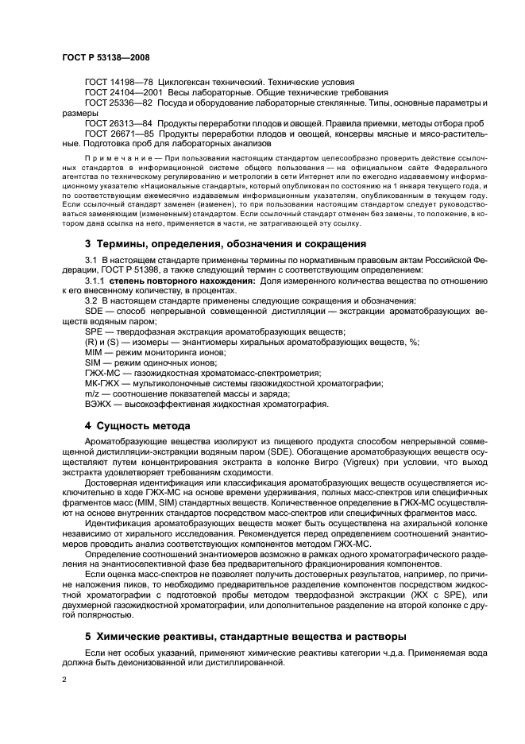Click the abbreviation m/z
point(93,393)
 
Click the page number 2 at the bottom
point(64,681)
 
